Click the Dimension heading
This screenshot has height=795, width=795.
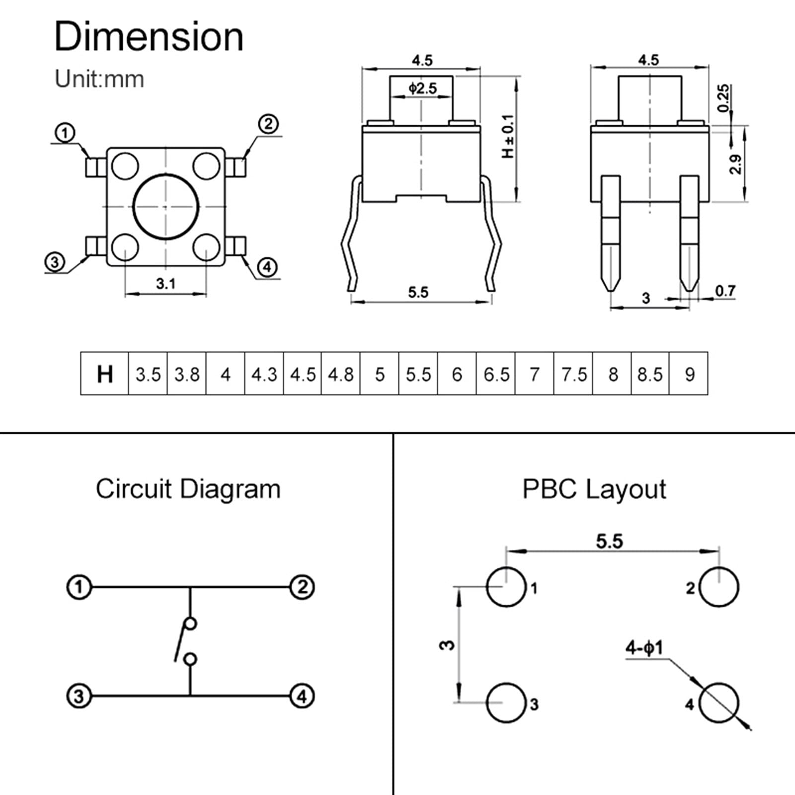click(149, 37)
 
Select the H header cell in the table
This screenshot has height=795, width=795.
click(104, 374)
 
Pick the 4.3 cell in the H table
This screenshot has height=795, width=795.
click(264, 374)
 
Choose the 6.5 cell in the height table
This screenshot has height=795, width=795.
click(496, 374)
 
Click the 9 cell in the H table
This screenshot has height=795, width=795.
click(689, 374)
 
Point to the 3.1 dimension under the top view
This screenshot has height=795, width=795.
click(165, 284)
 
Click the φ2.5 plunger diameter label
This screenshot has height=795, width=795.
click(422, 88)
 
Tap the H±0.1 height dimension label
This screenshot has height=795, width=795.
click(508, 137)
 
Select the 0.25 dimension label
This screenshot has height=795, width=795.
click(723, 98)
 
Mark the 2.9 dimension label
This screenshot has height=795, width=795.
click(735, 164)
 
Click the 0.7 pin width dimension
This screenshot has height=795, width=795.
click(725, 291)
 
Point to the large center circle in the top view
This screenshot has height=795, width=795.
click(166, 206)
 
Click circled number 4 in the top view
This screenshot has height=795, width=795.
click(267, 267)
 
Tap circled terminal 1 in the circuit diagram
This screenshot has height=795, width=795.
click(79, 587)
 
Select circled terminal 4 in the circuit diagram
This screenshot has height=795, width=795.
click(302, 696)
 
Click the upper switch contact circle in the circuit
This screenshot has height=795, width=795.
click(190, 624)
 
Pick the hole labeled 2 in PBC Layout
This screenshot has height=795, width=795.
click(718, 587)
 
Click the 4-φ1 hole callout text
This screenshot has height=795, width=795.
click(644, 648)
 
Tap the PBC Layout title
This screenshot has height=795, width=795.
click(594, 489)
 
